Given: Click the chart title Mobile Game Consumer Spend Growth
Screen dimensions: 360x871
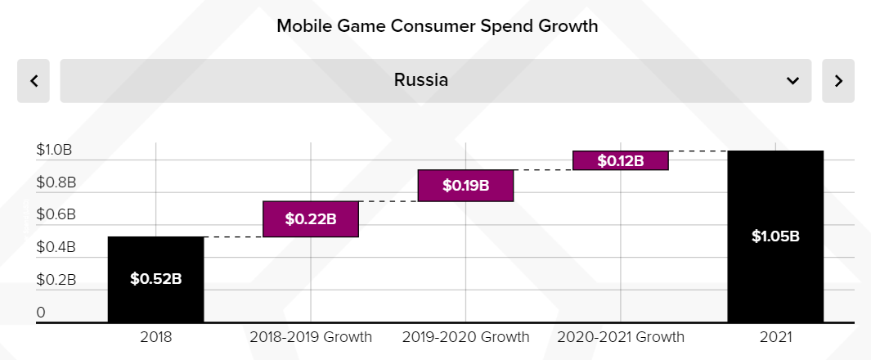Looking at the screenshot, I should [x=437, y=25].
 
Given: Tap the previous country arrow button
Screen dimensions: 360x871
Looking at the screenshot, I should [x=34, y=80].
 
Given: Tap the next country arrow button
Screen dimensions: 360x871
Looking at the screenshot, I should [x=837, y=80].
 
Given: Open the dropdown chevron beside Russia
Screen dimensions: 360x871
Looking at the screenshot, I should [x=792, y=80].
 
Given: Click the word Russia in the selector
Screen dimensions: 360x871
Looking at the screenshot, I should [x=420, y=80].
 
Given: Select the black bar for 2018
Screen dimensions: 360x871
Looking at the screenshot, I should [x=155, y=279].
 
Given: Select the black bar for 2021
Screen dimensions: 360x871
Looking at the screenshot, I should [x=775, y=236].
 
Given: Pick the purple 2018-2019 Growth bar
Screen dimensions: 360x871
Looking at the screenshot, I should [x=311, y=219].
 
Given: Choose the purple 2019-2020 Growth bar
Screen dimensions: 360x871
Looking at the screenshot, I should [x=465, y=186].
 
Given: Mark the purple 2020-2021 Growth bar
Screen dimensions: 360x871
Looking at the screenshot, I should [x=621, y=160].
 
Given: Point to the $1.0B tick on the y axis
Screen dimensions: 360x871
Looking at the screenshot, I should [x=54, y=151].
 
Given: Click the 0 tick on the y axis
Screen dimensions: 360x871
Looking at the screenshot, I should [x=41, y=312].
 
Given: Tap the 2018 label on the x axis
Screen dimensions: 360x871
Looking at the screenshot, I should [x=155, y=337].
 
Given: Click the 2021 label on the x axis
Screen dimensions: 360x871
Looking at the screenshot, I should [x=775, y=337].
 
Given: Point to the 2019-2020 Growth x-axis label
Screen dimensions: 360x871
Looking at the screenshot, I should [x=465, y=337].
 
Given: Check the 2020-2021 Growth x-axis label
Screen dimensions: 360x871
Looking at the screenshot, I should [x=621, y=337].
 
